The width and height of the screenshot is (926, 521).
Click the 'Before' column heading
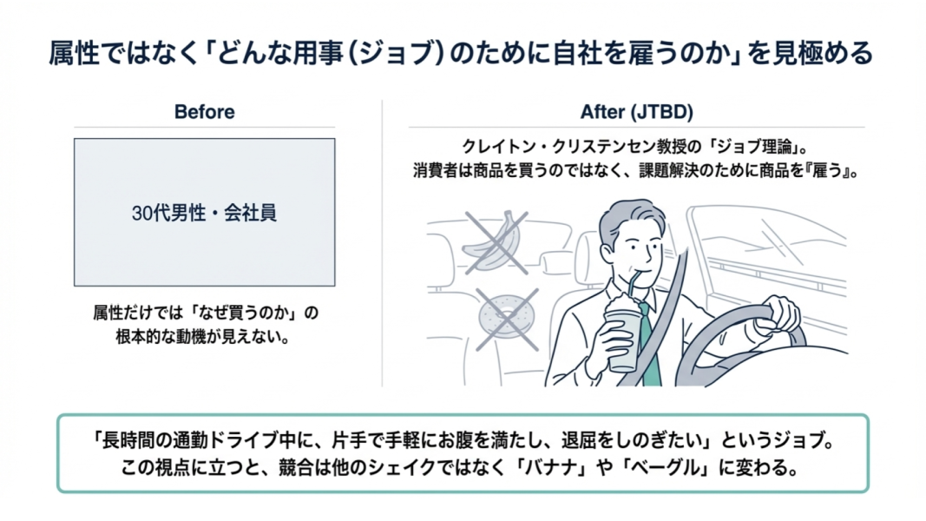pos(204,112)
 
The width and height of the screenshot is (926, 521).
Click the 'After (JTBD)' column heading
pos(637,112)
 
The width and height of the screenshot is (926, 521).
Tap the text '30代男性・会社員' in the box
pos(204,213)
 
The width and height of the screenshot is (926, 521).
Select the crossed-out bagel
pos(506,318)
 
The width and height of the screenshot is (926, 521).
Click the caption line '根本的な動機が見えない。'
pos(203,337)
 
